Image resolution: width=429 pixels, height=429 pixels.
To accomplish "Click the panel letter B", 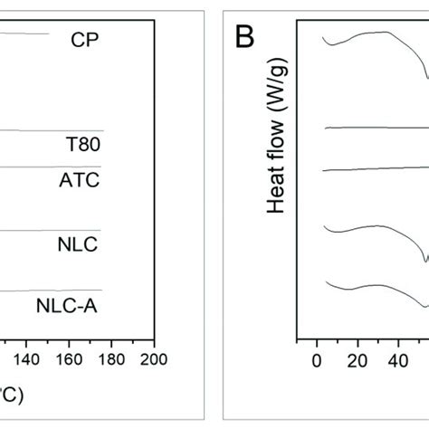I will click(244, 37).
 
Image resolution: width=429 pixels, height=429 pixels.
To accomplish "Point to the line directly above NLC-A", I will click(54, 290).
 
